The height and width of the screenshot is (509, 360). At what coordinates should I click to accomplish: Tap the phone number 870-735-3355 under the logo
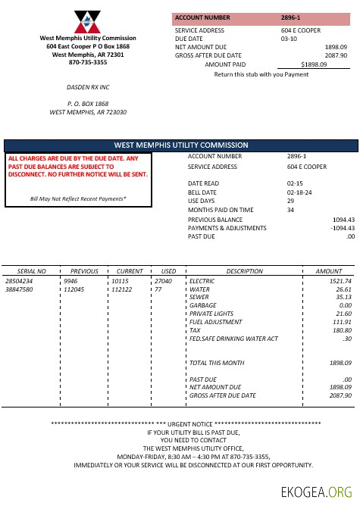(x=88, y=62)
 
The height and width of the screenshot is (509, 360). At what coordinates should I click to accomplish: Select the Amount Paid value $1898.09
(x=314, y=65)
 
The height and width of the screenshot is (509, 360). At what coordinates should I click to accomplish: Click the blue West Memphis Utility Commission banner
(x=180, y=145)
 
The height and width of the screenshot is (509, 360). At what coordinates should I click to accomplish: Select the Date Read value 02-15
(x=295, y=183)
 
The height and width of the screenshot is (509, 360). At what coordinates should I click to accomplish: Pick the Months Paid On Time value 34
(x=290, y=210)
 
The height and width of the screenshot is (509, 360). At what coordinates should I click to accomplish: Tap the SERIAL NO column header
(x=31, y=270)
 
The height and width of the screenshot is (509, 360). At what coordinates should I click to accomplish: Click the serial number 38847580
(x=19, y=289)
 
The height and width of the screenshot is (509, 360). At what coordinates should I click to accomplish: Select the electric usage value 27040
(x=163, y=281)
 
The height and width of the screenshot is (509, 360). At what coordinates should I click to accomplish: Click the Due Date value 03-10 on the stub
(x=289, y=38)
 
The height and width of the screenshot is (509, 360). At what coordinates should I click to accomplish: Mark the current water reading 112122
(x=121, y=289)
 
